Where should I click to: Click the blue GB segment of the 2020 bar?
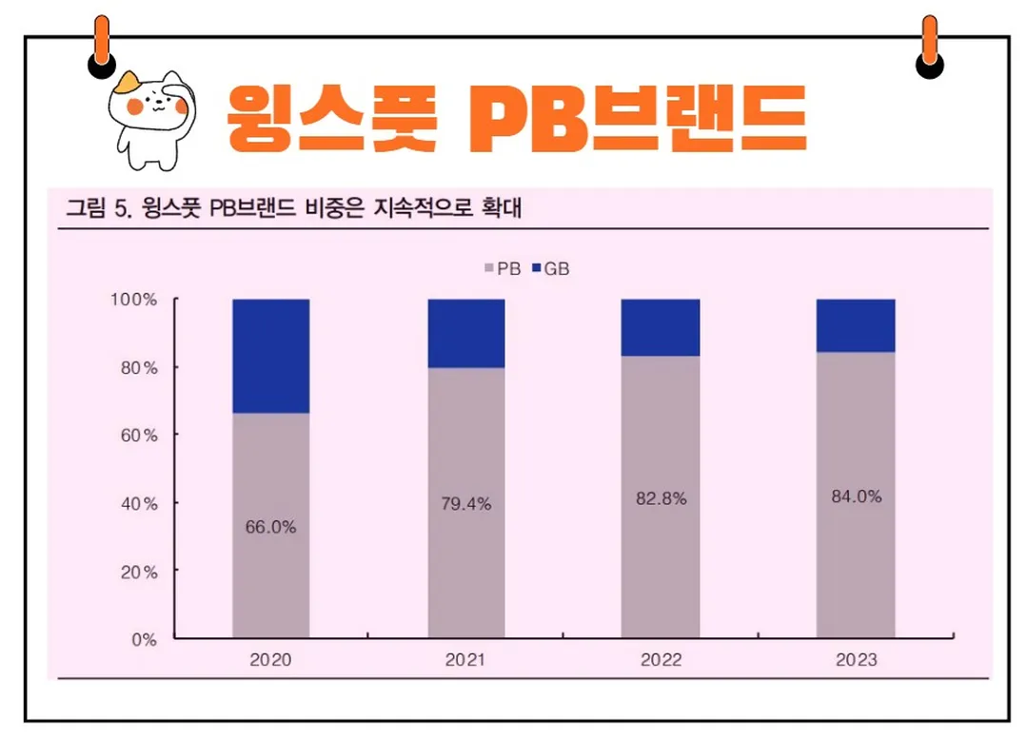(271, 356)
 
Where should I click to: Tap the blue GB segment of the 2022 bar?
(661, 327)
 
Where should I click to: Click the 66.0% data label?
(271, 527)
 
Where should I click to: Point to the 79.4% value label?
(466, 504)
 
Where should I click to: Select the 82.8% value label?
(662, 498)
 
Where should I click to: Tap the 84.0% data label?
(857, 496)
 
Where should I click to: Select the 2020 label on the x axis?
(270, 659)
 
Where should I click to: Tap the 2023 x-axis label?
(857, 659)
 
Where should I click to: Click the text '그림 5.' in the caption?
(96, 209)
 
